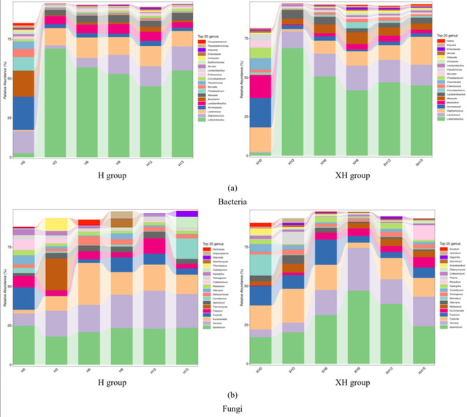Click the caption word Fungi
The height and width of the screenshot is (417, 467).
pos(233,410)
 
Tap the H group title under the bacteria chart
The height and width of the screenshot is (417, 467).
pos(118,176)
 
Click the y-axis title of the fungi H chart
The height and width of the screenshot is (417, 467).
pos(6,280)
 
